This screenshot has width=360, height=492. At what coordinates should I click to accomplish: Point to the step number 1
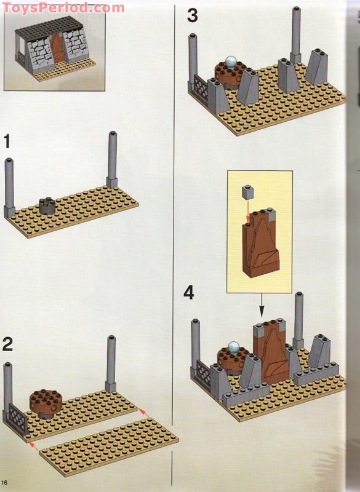[7, 142]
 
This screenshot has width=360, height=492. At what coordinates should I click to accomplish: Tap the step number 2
[7, 344]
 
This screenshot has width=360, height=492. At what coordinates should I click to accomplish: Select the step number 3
[193, 15]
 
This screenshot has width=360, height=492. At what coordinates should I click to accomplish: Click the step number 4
[190, 293]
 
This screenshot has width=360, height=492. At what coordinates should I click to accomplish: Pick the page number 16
[5, 480]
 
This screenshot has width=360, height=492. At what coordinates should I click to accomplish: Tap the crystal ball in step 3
[231, 61]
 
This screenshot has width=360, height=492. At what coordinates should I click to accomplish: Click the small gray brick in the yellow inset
[248, 193]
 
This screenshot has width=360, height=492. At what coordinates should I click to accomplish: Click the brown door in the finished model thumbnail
[58, 46]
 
